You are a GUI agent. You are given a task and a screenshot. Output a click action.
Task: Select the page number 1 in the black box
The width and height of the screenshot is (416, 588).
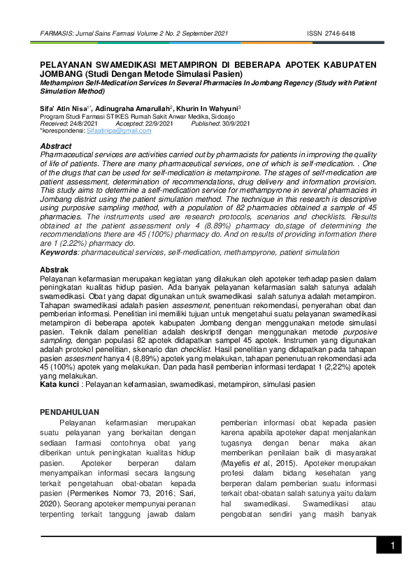click(x=393, y=545)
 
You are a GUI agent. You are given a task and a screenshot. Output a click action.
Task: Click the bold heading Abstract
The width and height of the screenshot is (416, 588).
click(x=56, y=146)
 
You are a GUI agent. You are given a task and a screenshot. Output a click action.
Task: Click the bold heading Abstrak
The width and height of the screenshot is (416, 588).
click(x=55, y=270)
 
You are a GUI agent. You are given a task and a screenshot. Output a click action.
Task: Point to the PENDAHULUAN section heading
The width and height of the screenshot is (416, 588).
click(x=69, y=412)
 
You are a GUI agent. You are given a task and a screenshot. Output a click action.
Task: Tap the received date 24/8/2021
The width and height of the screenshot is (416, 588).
click(x=83, y=124)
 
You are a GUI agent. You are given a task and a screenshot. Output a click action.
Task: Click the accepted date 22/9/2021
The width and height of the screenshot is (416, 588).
click(x=159, y=124)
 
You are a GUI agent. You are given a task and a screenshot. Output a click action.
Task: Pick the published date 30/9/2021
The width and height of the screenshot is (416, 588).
click(x=236, y=124)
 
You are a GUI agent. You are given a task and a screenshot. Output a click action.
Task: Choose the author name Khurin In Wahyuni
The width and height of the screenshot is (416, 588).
click(x=207, y=108)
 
